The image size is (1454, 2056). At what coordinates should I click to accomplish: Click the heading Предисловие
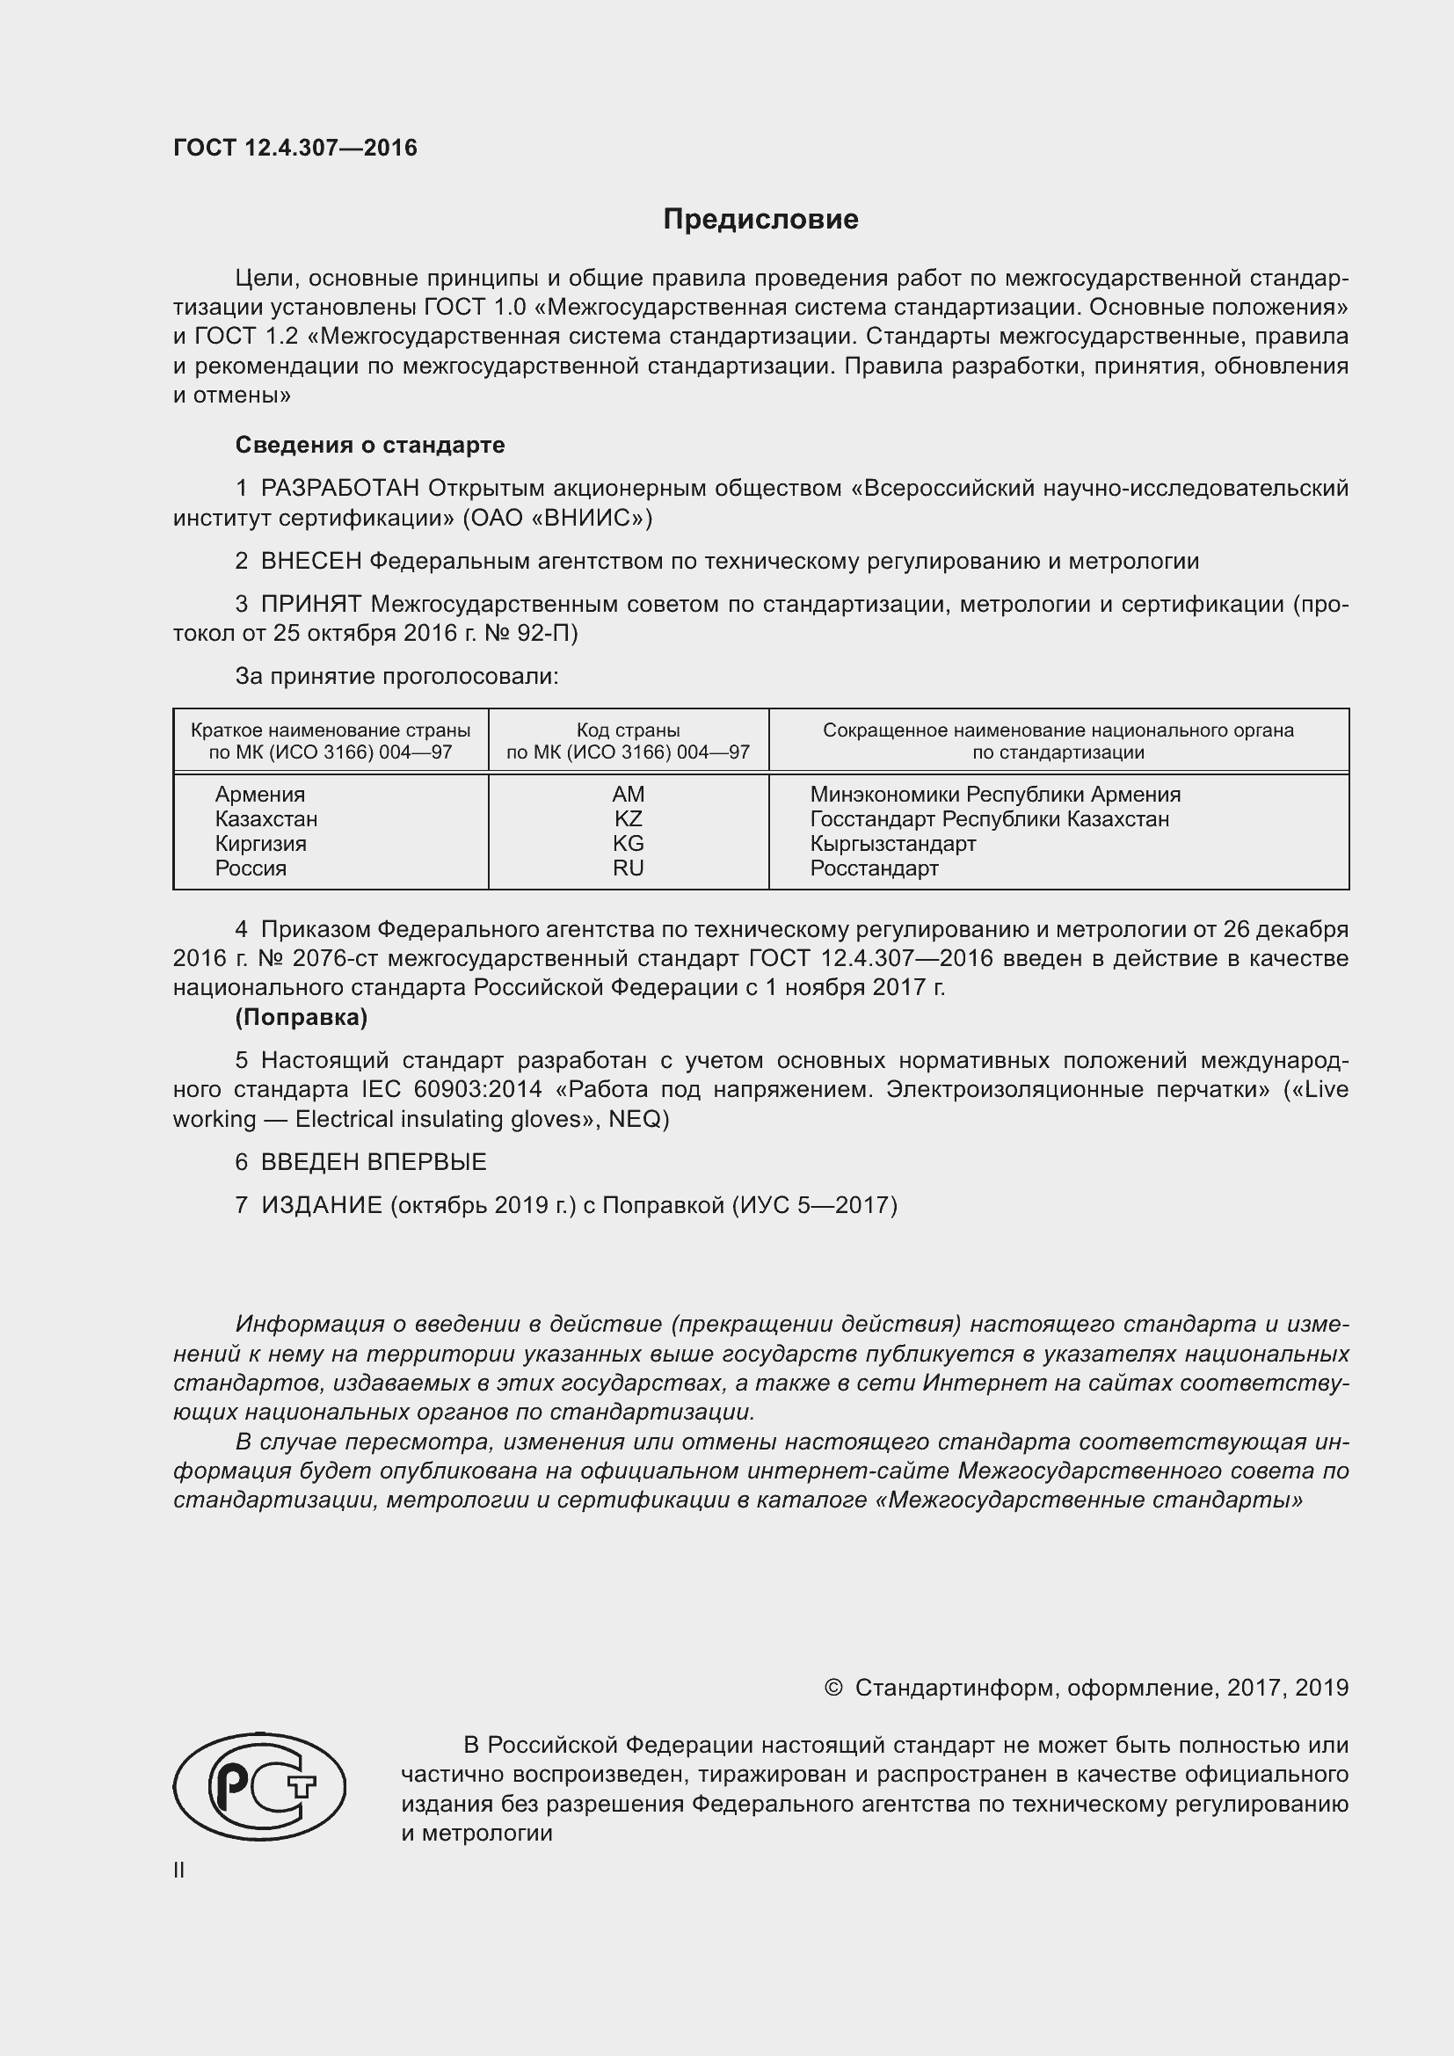coord(760,220)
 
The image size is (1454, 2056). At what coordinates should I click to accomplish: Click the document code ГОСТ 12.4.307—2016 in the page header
coord(294,148)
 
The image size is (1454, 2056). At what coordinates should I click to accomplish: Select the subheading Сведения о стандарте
coord(370,445)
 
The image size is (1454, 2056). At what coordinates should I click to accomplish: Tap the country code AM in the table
coord(628,795)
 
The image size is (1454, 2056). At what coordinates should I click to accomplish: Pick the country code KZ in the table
coord(628,818)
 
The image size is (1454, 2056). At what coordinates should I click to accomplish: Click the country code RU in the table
coord(628,868)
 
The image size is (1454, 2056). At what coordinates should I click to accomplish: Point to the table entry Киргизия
coord(260,844)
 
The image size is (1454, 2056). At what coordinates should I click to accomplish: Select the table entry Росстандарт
coord(874,868)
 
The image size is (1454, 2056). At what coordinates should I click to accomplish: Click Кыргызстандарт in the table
coord(892,844)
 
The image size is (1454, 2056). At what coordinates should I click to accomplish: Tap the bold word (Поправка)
coord(301,1017)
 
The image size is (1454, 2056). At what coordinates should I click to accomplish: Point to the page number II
coord(179,1870)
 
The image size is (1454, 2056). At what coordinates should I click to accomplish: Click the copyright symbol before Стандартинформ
coord(832,1688)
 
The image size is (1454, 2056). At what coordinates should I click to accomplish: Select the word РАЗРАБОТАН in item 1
coord(340,489)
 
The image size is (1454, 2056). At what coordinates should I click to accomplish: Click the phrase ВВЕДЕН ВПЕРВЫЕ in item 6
coord(374,1162)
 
